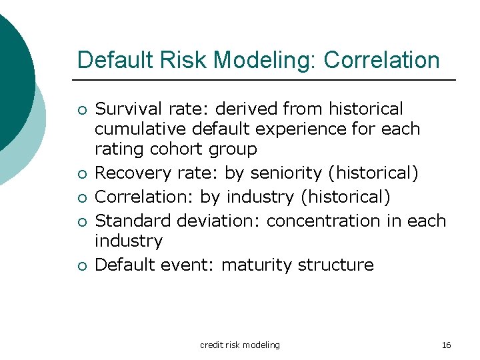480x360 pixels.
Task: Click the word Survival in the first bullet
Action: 124,109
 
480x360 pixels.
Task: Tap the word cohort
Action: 180,149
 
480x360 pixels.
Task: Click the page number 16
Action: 447,345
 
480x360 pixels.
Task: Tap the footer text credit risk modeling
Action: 240,345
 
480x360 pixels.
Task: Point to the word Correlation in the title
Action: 381,60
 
